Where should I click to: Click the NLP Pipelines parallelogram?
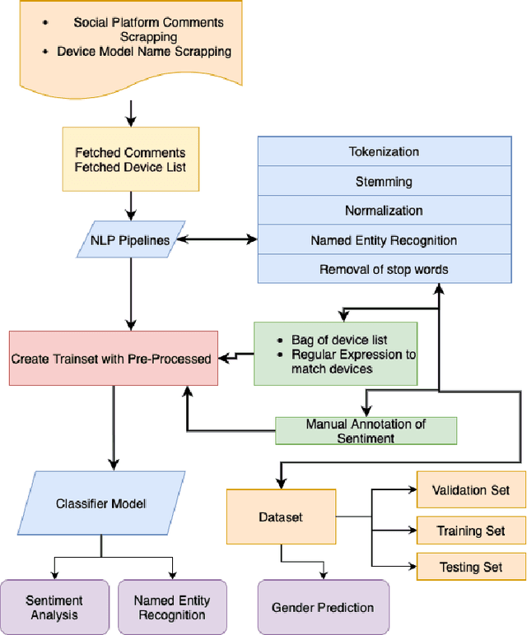point(130,240)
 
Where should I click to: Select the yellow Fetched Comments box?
point(130,160)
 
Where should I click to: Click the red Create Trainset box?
point(114,358)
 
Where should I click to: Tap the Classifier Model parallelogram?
point(101,503)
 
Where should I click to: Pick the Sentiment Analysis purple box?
point(54,608)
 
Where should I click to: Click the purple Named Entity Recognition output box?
point(172,608)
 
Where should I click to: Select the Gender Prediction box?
point(323,608)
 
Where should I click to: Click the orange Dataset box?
point(281,517)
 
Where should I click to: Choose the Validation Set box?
point(471,490)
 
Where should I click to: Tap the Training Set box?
point(471,531)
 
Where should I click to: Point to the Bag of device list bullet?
point(338,340)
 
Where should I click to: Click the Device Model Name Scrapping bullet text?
point(144,51)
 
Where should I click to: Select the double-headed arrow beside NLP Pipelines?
point(217,240)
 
